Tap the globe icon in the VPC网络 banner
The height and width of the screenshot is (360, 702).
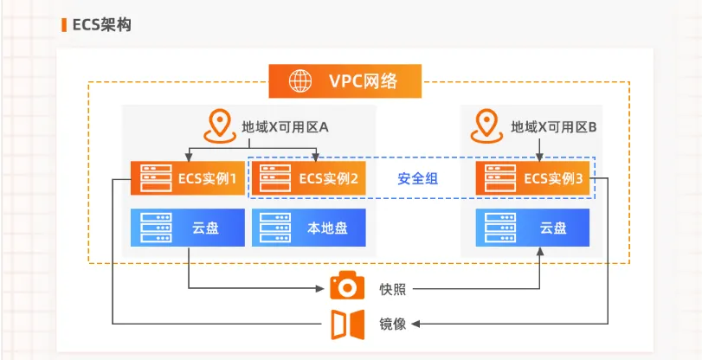point(301,82)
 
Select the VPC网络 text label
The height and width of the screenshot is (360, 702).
point(364,82)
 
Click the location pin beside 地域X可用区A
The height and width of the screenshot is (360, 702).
point(219,125)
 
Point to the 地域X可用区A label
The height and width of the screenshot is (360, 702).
point(285,127)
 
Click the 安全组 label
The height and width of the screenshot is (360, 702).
point(417,179)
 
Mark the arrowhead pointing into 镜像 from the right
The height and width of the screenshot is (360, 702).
point(415,324)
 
